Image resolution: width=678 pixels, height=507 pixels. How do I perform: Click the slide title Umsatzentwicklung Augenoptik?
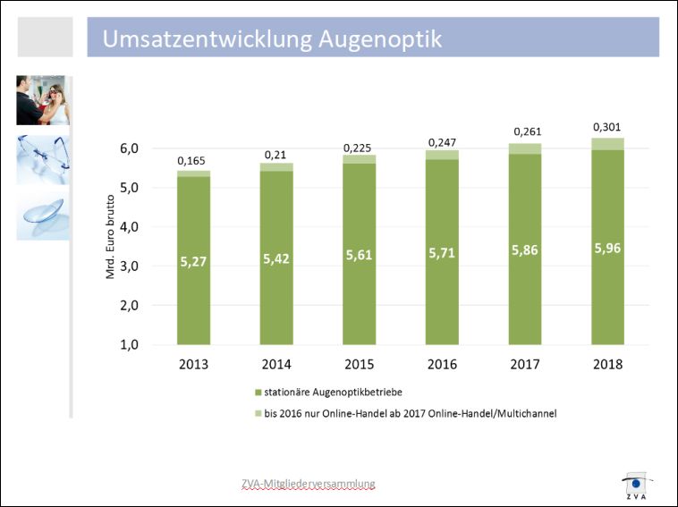(272, 39)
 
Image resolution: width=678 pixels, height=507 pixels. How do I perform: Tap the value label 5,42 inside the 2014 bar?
(275, 259)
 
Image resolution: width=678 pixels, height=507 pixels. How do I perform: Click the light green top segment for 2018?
(608, 144)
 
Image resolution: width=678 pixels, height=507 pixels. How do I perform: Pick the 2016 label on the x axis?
(442, 365)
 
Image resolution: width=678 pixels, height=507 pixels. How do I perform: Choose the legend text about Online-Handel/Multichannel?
(411, 413)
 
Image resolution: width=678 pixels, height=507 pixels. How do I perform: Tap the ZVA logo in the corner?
(636, 484)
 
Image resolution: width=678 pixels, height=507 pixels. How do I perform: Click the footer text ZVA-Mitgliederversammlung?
(308, 484)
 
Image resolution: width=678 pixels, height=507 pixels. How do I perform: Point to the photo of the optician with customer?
(41, 100)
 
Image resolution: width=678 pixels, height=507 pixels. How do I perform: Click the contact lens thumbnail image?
(41, 215)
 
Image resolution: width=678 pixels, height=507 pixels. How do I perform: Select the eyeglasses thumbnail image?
(41, 159)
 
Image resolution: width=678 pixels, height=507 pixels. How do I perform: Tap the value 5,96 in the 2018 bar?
(608, 248)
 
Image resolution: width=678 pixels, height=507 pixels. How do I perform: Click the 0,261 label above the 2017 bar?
(526, 132)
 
